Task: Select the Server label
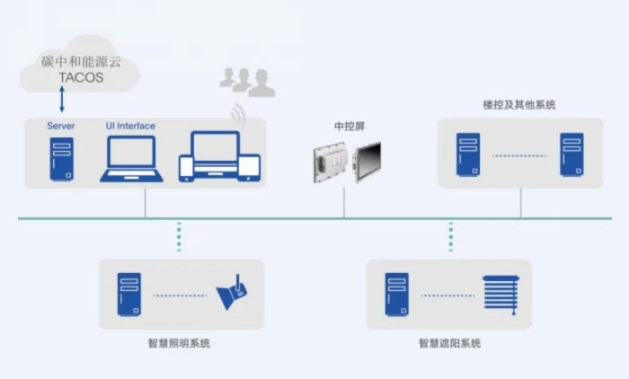pos(61,126)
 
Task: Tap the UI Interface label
pos(130,126)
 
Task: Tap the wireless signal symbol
pos(238,114)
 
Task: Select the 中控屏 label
pos(344,126)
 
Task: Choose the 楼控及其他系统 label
pos(519,105)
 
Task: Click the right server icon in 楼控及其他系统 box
pos(571,155)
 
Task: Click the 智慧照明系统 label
pos(181,343)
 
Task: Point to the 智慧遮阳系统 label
pos(449,343)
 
